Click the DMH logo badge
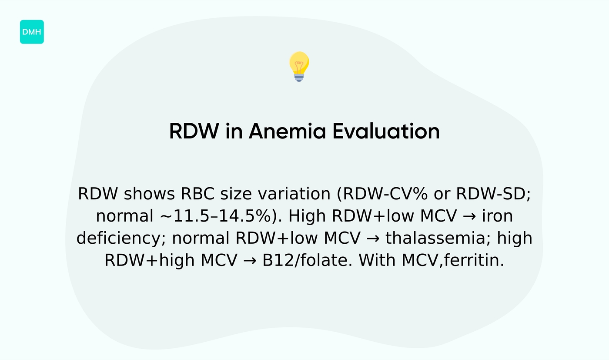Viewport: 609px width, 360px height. [x=32, y=32]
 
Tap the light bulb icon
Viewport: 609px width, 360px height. [x=299, y=66]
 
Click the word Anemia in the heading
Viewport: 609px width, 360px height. [x=287, y=131]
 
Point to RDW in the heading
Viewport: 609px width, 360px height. [x=194, y=131]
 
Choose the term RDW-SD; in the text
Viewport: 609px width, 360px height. [x=493, y=194]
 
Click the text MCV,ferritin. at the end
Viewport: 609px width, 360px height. [x=452, y=260]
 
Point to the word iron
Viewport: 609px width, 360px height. [x=497, y=216]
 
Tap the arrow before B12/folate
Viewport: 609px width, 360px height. [x=250, y=260]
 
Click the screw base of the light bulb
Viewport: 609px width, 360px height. [x=299, y=77]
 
